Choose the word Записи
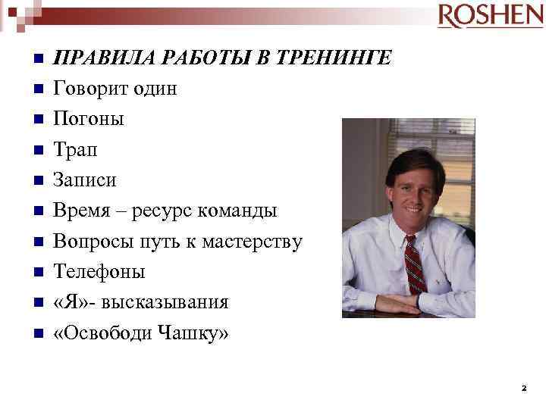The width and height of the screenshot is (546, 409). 84,180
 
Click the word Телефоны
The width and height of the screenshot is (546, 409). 99,272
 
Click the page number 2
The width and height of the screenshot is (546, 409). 523,388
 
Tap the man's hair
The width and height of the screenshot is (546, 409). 413,158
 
